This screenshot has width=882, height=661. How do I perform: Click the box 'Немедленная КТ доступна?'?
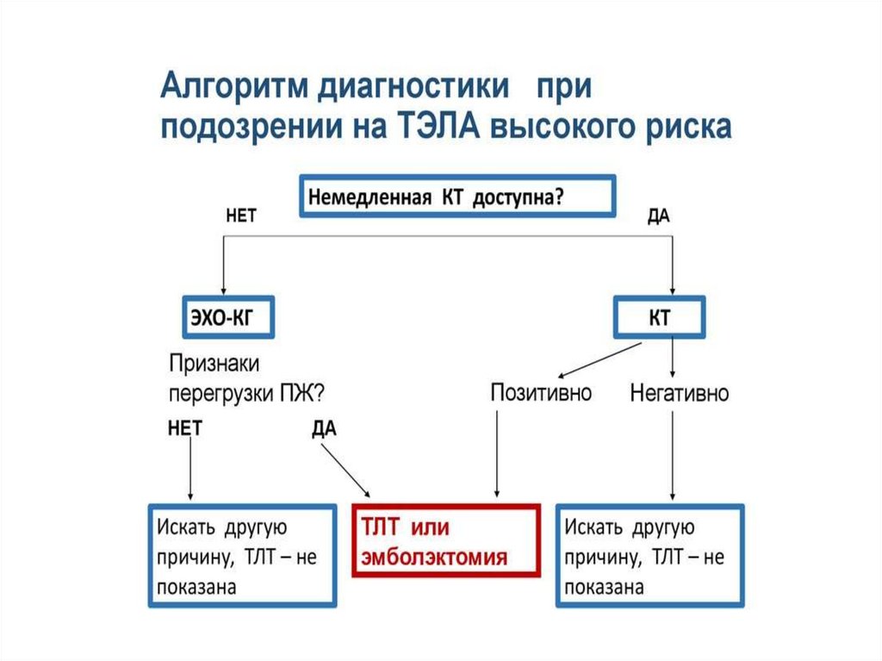click(x=457, y=196)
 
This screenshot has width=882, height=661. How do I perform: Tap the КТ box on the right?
click(x=659, y=319)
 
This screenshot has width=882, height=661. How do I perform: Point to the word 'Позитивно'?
click(x=542, y=394)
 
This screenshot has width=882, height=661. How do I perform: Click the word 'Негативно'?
click(x=680, y=394)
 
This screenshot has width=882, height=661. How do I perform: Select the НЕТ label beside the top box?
click(x=240, y=217)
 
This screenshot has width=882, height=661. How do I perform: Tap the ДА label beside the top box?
click(x=658, y=217)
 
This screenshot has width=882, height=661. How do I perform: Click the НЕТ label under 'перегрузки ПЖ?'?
click(x=185, y=428)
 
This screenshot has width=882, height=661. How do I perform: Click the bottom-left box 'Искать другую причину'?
click(x=242, y=556)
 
